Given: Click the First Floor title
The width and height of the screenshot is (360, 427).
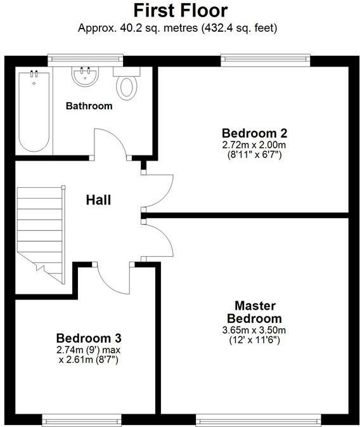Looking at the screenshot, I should pos(180,11).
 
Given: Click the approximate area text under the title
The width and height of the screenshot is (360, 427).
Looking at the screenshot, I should pos(180,28).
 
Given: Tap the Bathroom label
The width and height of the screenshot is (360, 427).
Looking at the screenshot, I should pos(89,106).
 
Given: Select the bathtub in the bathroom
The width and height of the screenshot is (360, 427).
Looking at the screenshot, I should pos(34,111).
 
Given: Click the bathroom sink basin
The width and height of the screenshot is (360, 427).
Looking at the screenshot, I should pos(86,77).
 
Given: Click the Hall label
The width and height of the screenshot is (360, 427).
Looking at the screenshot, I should pos(99,200).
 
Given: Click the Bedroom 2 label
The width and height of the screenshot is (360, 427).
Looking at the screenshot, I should pos(254,133).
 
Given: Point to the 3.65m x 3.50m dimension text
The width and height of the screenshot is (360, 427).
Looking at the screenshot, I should pos(254,329).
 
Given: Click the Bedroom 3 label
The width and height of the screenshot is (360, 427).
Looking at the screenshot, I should pos(89,338).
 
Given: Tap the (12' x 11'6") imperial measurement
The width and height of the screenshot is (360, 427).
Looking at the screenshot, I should pos(254,340).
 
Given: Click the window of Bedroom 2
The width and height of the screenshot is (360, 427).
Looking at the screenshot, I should pos(265,60).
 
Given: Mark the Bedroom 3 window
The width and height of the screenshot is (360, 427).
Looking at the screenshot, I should pos(81,418).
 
